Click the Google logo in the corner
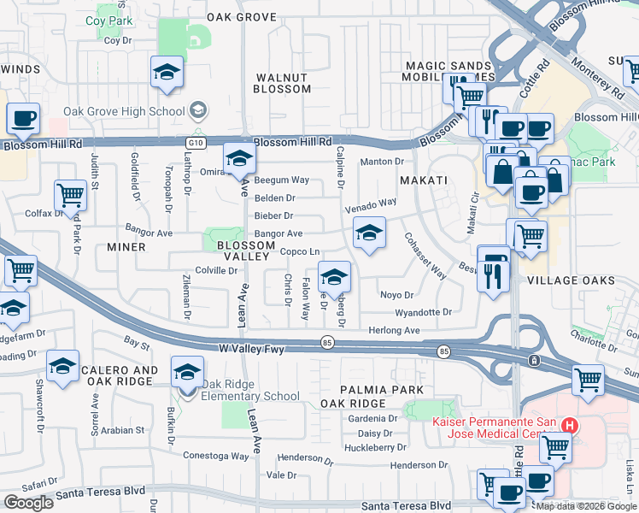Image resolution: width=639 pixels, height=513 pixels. coord(28,503)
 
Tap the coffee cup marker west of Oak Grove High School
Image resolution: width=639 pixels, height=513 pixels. coord(24,119)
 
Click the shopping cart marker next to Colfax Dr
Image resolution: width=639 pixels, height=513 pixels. coord(70,194)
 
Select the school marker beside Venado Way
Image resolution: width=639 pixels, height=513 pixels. coord(368,233)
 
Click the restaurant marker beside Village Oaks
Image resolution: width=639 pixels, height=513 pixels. coord(494,274)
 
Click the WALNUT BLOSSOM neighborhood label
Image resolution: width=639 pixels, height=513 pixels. coord(283,83)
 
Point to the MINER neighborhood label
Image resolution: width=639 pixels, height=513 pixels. coord(126,246)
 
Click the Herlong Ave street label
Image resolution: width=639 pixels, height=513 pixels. coord(394,331)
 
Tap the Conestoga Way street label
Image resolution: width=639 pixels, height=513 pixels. coord(215,457)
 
